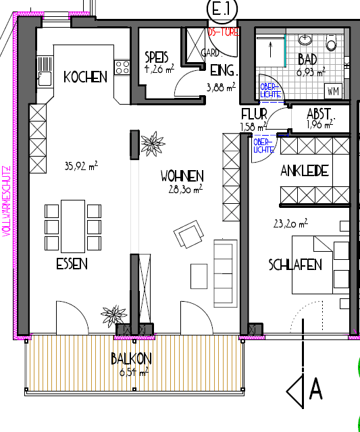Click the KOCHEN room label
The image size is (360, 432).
click(x=85, y=77)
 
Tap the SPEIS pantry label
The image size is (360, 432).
click(x=157, y=57)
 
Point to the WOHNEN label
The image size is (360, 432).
click(x=182, y=177)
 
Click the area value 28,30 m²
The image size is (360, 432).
click(x=186, y=190)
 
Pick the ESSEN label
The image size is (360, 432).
click(x=72, y=265)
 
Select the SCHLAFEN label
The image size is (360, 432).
click(x=294, y=264)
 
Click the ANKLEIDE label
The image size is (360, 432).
click(x=305, y=171)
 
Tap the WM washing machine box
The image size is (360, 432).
click(x=333, y=90)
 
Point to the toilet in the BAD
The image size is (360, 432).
click(x=331, y=44)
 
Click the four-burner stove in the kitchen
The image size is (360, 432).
click(x=122, y=67)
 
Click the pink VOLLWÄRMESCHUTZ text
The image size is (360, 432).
click(x=6, y=199)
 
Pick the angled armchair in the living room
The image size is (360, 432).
click(x=188, y=237)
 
